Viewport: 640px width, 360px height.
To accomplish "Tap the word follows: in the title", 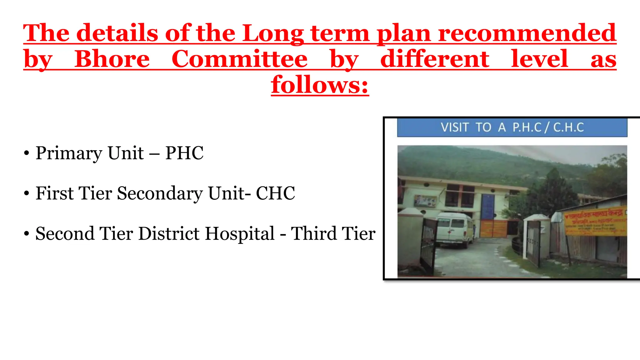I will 320,85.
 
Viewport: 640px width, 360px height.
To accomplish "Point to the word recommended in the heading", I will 527,33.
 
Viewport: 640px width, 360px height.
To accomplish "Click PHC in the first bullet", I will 184,153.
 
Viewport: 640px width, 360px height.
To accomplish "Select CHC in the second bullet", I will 275,193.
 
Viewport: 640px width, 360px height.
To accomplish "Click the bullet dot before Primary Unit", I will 27,153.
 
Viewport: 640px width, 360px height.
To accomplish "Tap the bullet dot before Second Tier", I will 27,234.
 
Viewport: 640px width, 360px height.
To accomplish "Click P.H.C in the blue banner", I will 527,127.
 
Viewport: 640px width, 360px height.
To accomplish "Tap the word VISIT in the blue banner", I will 455,127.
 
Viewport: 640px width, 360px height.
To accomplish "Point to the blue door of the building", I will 488,207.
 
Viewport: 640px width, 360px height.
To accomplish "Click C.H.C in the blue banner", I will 568,127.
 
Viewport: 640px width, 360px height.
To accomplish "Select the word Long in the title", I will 273,33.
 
